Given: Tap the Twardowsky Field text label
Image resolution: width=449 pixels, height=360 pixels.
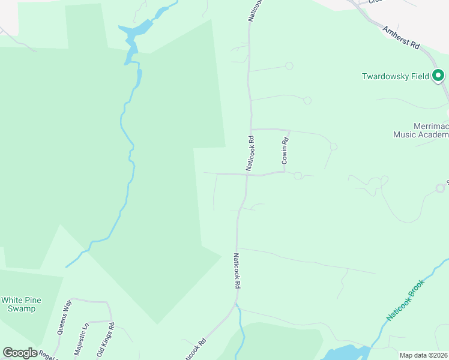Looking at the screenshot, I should coord(395,76).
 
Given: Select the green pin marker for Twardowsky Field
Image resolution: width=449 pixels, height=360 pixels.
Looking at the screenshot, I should coord(438,76).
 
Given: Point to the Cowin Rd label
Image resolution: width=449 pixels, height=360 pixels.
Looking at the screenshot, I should coord(286,151).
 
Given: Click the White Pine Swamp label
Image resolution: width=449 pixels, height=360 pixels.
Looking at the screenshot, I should coord(18,304).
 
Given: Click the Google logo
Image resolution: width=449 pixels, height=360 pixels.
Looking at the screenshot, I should coord(20,352).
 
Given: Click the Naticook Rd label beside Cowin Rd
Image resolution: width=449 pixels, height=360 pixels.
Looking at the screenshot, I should coord(250,153).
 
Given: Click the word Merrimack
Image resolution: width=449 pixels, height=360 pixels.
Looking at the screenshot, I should coord(431,127).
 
